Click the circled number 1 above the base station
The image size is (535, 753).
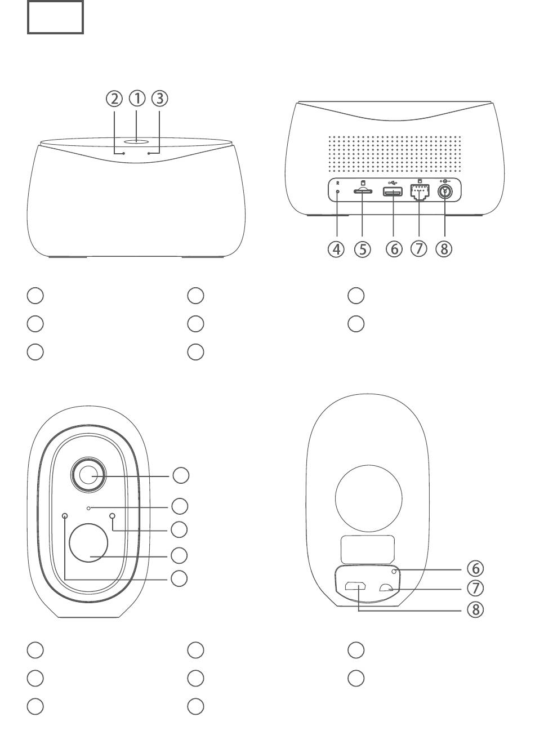tap(137, 99)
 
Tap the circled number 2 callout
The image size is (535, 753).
tap(114, 99)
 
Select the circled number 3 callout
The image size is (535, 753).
tap(160, 99)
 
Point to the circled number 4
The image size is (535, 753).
tap(336, 248)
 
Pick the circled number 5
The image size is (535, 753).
tap(363, 248)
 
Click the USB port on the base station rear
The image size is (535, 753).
tap(393, 192)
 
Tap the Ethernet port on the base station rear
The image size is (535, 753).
tap(420, 193)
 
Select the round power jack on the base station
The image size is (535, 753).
tap(445, 191)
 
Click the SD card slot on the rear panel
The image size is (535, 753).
tap(363, 192)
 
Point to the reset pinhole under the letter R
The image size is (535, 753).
tap(337, 192)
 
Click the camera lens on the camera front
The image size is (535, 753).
tap(88, 475)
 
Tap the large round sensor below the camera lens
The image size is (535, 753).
tap(88, 543)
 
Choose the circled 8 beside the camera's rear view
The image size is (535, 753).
tap(475, 609)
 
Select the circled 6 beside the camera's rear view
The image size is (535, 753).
tap(475, 568)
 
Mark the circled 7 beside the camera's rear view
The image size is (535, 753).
tap(475, 589)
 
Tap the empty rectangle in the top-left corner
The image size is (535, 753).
tap(55, 17)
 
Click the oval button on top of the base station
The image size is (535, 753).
tap(137, 142)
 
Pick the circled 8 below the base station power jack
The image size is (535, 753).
tap(444, 248)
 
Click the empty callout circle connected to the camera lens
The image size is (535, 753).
tap(181, 475)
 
